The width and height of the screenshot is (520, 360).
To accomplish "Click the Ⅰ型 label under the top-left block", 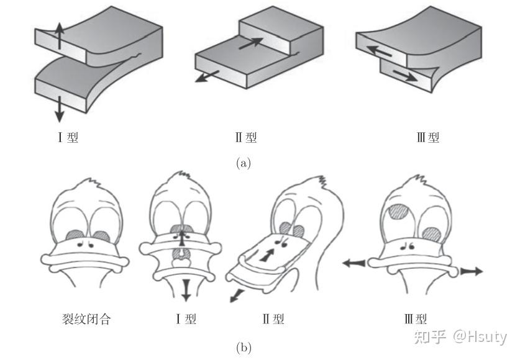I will (68, 137).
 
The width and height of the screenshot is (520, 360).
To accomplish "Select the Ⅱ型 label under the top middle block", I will (246, 137).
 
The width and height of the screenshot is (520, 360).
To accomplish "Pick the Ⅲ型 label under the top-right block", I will (428, 137).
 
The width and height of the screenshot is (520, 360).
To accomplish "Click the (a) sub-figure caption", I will (244, 163).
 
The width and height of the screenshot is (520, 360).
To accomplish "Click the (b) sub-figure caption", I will (244, 348).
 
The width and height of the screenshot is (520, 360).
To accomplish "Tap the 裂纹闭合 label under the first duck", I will (79, 320).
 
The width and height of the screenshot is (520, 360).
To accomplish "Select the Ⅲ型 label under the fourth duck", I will (416, 320).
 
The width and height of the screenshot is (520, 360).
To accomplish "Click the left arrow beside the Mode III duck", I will (355, 264).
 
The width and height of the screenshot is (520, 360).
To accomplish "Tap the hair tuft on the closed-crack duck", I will (93, 184).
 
